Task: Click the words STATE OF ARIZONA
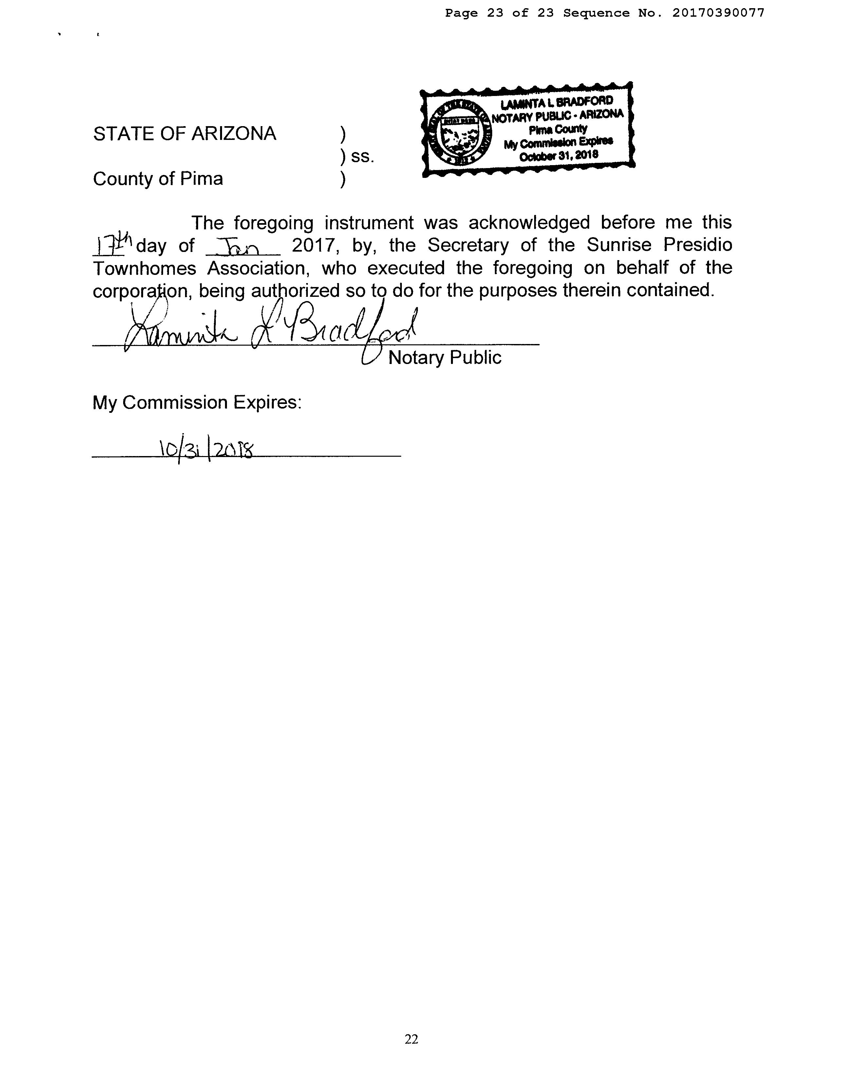tap(184, 134)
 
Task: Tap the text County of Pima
tap(158, 179)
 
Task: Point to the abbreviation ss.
tap(362, 157)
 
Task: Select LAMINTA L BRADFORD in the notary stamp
tap(556, 103)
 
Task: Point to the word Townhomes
tap(144, 268)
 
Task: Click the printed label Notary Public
tap(444, 358)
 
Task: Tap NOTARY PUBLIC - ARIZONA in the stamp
tap(557, 116)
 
